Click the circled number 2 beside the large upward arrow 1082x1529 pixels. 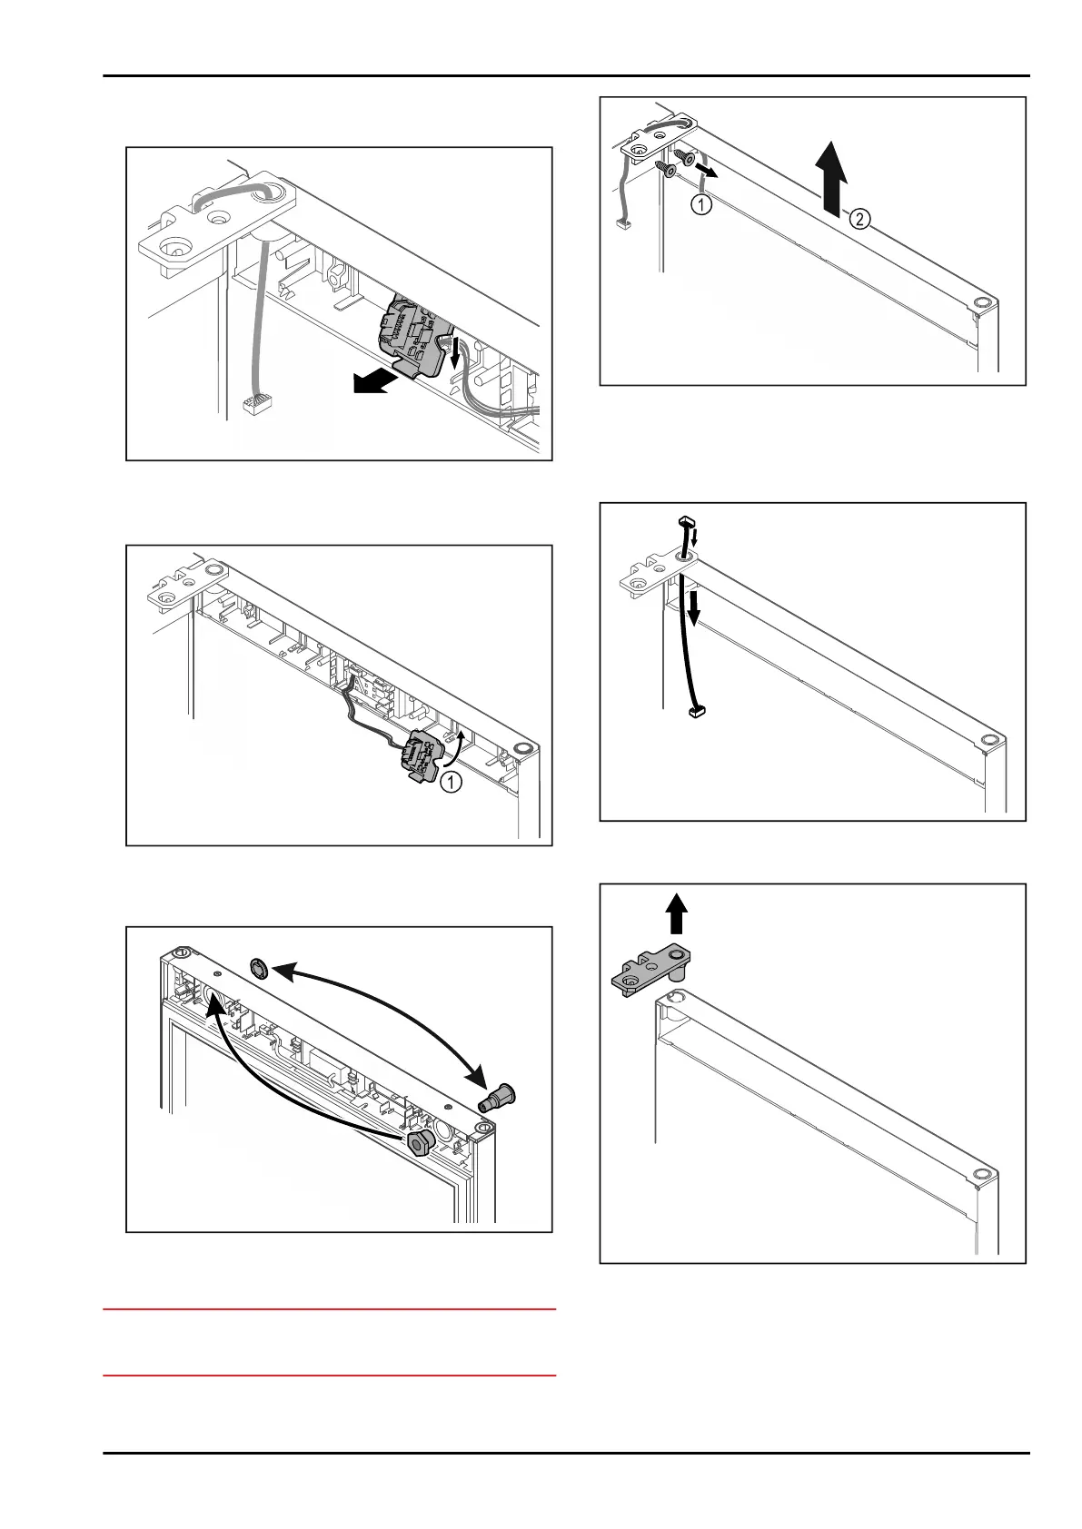861,218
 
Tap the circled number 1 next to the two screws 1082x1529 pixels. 702,205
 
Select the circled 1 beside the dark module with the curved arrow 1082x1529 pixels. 452,780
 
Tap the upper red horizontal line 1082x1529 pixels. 329,1310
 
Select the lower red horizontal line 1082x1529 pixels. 329,1376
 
